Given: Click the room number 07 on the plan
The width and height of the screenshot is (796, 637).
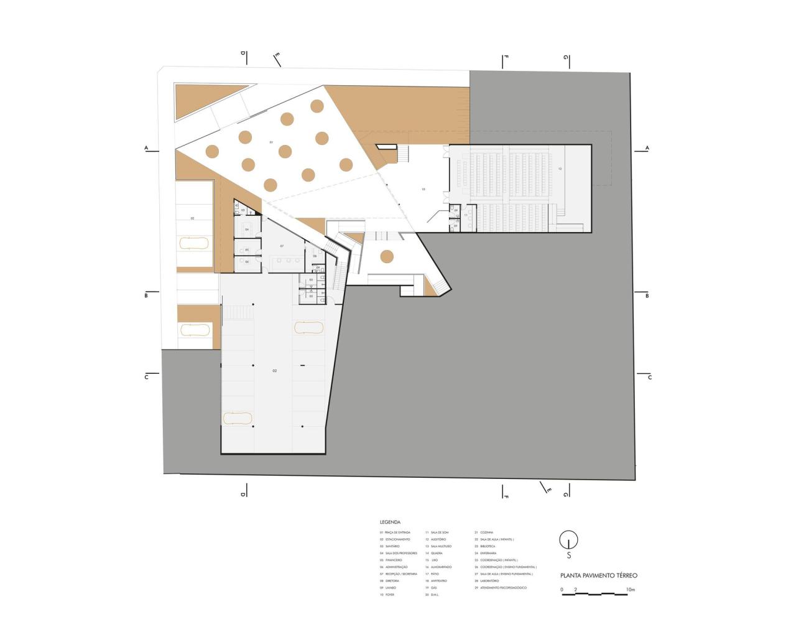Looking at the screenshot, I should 282,246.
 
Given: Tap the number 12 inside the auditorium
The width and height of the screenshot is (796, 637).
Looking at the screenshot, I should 560,169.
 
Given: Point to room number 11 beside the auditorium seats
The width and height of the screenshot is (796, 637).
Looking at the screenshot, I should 465,215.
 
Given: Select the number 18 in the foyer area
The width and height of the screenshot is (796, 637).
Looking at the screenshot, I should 423,188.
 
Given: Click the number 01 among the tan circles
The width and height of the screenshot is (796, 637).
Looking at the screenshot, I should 271,142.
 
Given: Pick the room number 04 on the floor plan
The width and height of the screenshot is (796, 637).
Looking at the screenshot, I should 247,230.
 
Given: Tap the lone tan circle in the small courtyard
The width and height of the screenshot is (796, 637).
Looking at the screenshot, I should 387,256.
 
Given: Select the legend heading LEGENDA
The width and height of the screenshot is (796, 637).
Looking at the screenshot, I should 391,523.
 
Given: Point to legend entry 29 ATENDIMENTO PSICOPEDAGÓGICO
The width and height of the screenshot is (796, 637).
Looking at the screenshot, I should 501,588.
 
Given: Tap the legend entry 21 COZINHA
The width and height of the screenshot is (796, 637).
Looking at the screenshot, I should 484,532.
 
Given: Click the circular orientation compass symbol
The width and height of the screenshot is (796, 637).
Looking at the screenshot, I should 568,539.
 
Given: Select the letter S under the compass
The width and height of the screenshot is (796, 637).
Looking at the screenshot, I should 568,556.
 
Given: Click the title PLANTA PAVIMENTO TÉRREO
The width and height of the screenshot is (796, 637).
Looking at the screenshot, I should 598,575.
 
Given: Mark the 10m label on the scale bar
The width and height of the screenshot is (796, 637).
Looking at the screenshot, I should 630,589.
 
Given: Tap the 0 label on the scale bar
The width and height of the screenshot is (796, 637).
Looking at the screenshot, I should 562,589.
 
